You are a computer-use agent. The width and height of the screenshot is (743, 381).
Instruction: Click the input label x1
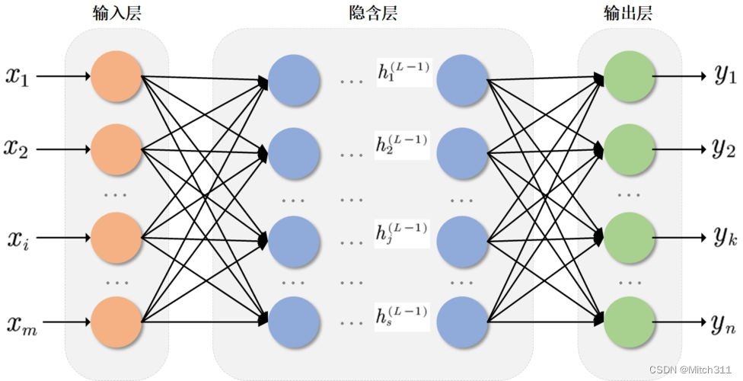click(18, 76)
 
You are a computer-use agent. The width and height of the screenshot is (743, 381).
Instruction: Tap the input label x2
click(18, 149)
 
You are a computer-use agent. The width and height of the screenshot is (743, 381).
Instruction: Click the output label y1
click(725, 76)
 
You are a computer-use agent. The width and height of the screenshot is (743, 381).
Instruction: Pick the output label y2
click(725, 149)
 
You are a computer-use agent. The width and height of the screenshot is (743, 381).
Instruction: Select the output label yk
click(725, 239)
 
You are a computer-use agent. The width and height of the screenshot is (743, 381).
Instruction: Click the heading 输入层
click(116, 13)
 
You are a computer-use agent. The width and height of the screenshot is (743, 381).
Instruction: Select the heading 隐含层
click(371, 13)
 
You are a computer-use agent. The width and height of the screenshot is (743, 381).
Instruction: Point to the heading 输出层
click(628, 13)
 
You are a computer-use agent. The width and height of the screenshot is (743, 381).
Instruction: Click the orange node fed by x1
click(116, 76)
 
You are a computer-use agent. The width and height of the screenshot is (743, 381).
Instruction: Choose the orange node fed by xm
click(116, 323)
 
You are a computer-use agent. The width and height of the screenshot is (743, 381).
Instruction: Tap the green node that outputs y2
click(629, 150)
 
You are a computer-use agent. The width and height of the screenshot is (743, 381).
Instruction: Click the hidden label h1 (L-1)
click(403, 72)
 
